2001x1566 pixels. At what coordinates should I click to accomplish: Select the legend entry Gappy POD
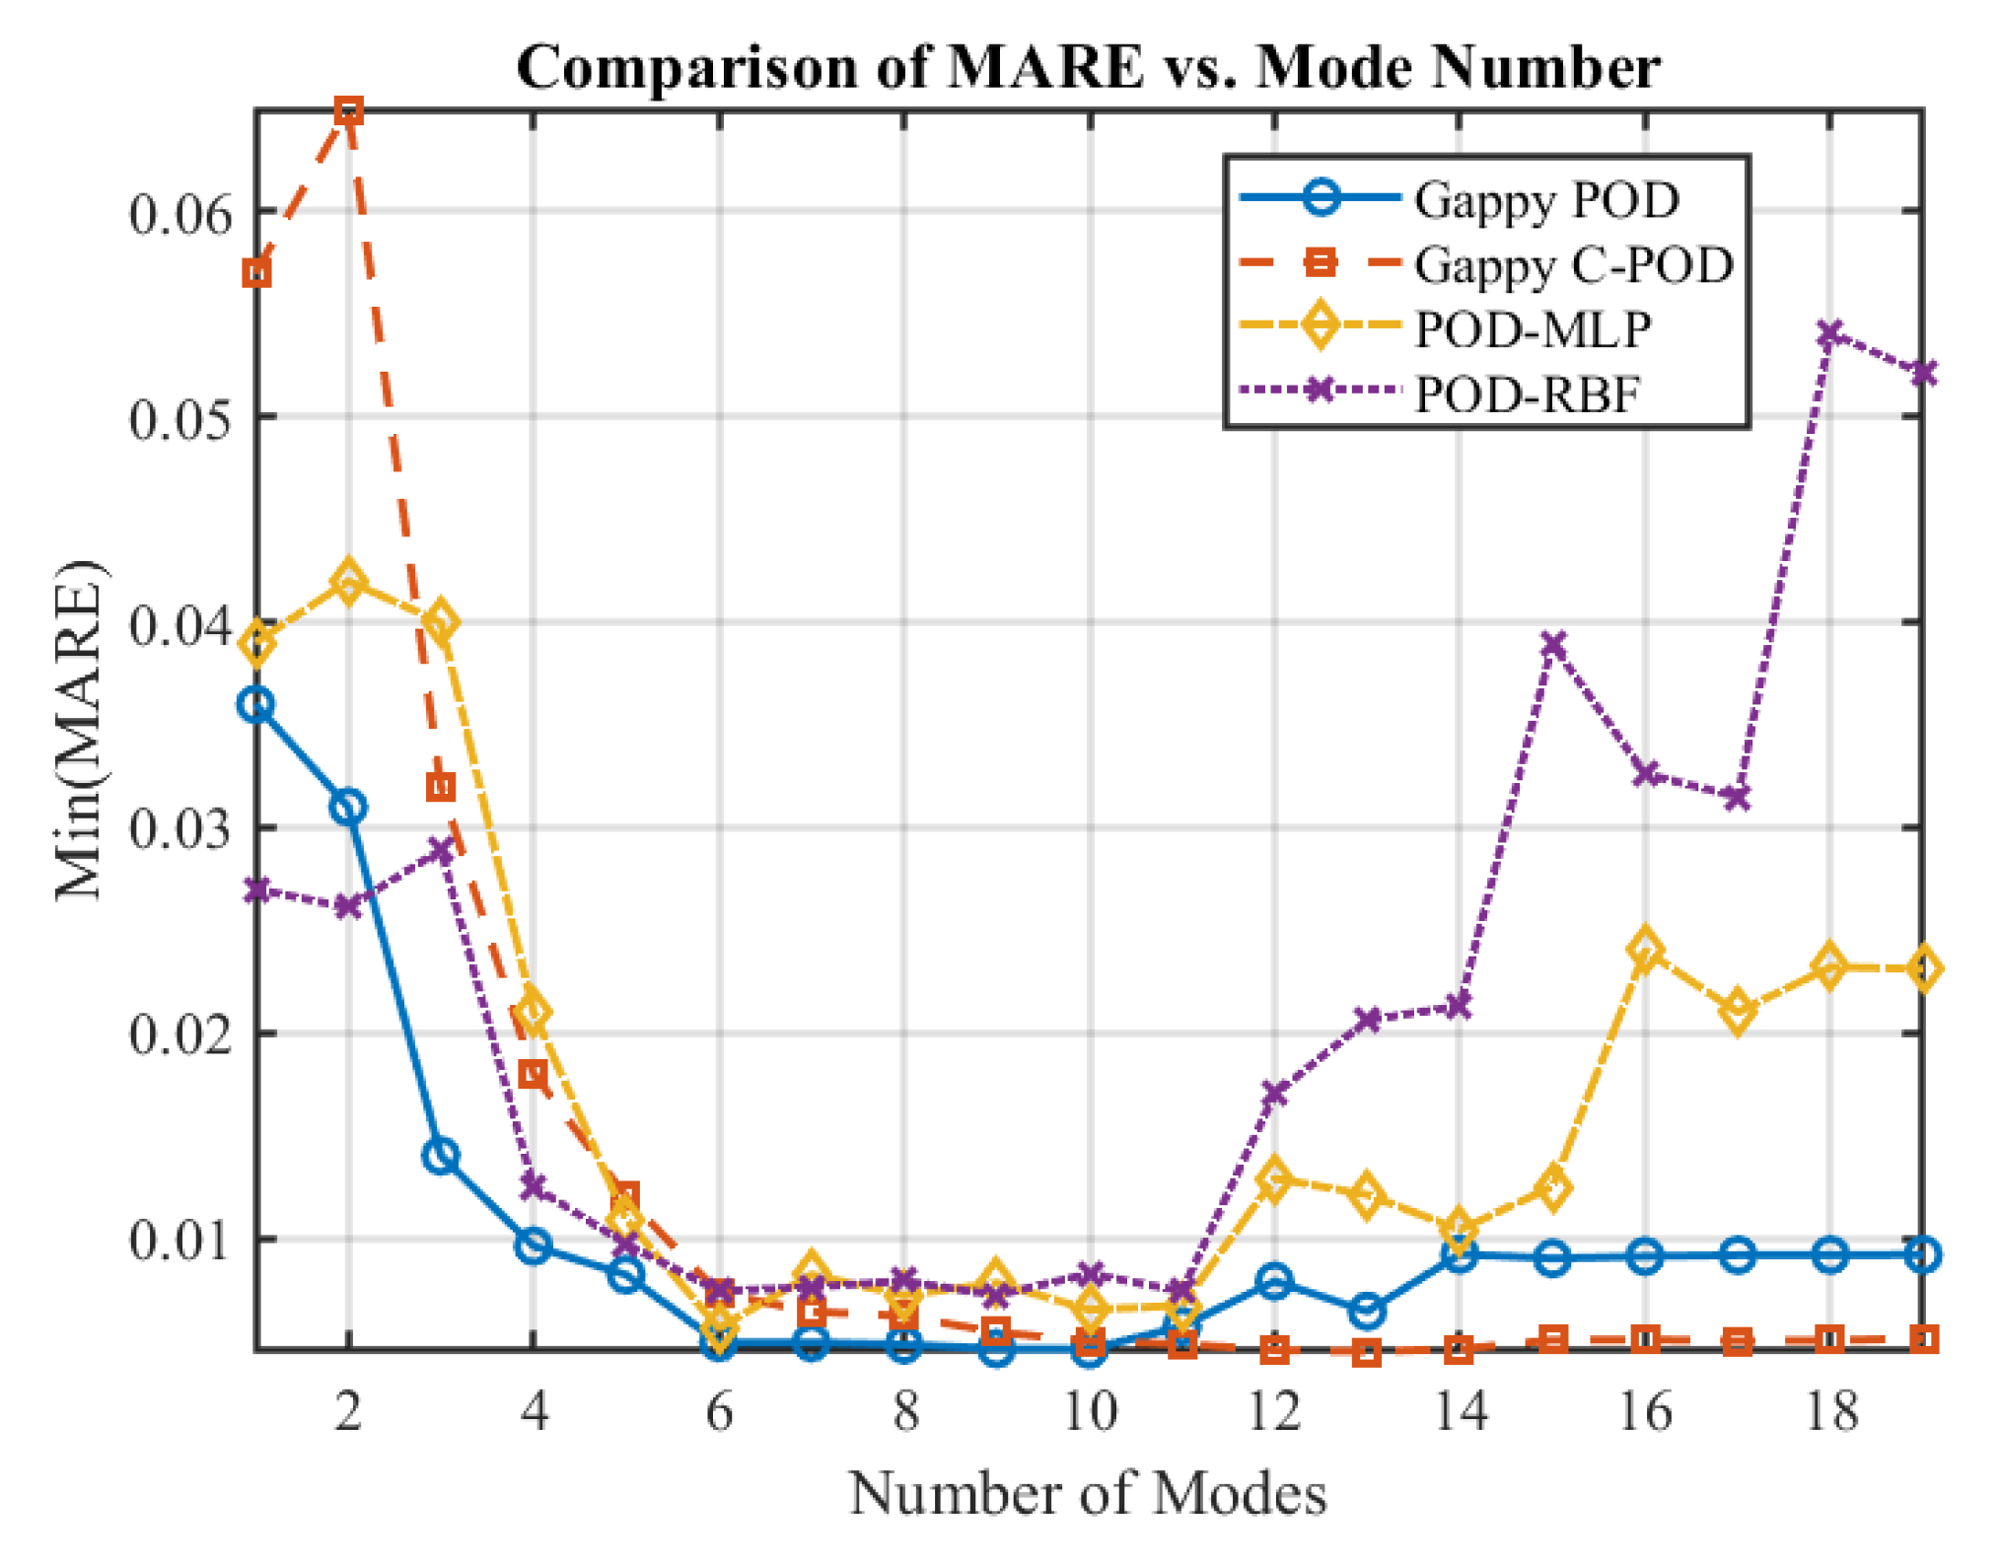1545,200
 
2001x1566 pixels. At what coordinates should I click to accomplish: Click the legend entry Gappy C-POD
1573,265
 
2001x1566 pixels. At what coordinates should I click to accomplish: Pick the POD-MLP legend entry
1532,329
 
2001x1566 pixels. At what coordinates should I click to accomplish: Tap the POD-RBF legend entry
1528,394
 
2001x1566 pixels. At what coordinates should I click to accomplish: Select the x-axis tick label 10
1090,1412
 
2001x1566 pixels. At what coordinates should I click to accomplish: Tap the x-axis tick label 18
1830,1412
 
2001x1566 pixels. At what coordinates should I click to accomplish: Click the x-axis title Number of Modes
1088,1494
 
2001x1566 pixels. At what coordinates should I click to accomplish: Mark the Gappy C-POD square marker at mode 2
348,110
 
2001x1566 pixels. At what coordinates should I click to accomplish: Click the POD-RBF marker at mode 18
1830,335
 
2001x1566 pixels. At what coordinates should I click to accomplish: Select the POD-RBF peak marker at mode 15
1553,646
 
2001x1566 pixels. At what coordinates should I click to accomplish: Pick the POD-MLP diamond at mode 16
1645,951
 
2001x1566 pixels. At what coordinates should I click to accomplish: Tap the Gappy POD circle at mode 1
256,705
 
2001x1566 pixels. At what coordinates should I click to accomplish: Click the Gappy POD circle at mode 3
441,1156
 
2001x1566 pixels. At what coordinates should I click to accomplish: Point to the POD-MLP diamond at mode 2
348,582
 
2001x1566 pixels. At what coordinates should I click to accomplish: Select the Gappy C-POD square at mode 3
441,787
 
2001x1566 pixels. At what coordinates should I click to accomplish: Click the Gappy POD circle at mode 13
1367,1312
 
